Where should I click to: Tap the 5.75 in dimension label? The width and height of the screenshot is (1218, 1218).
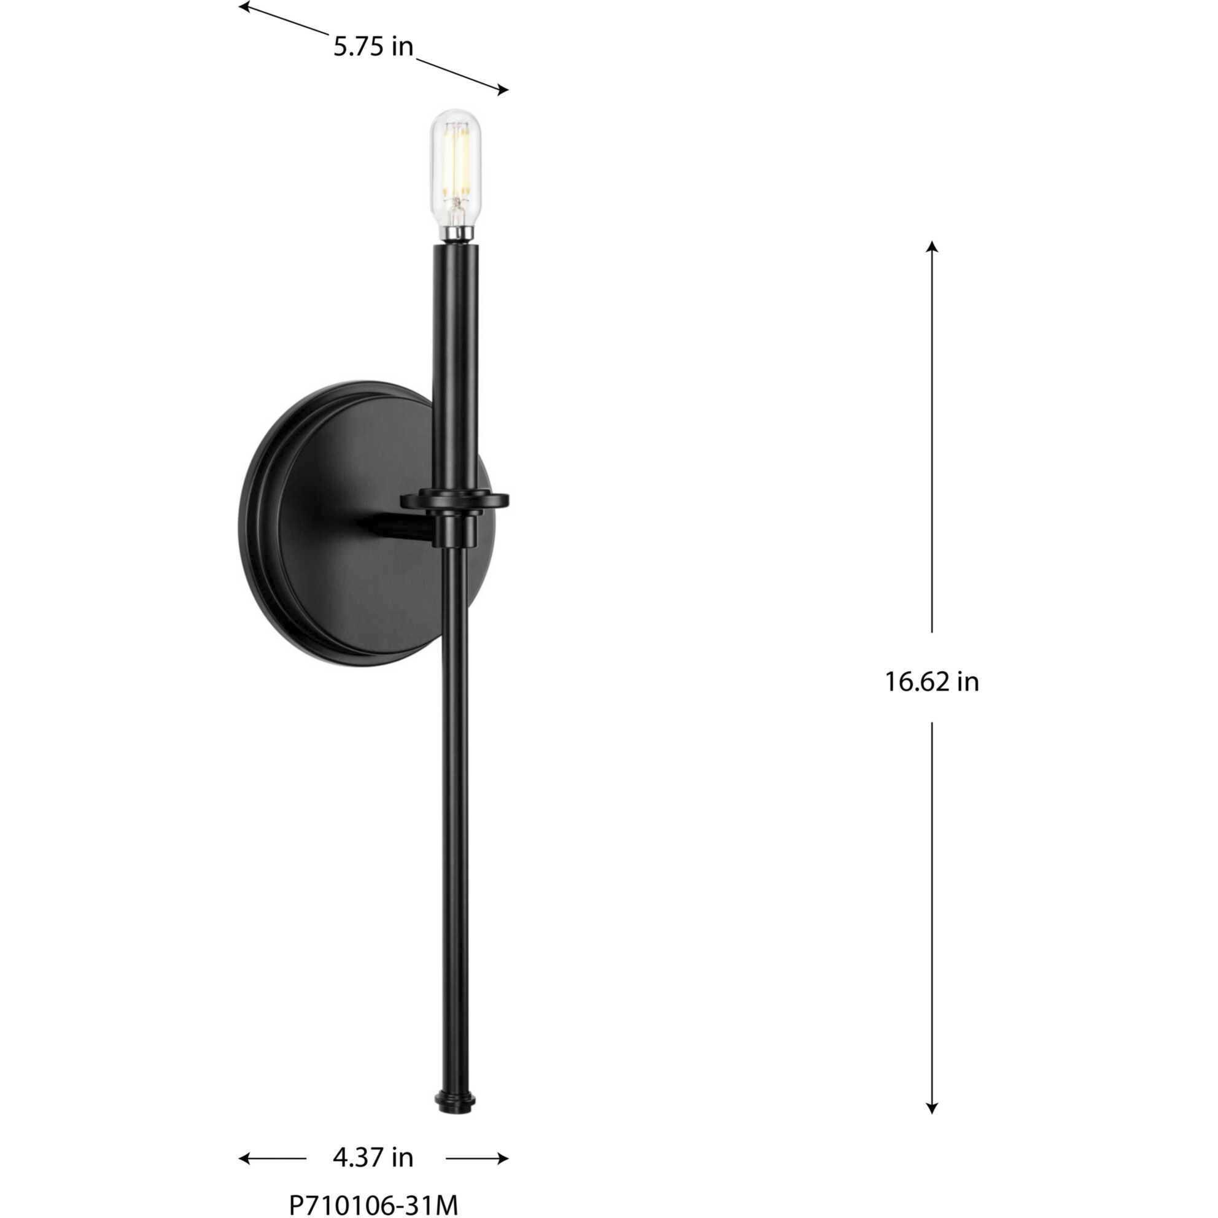(373, 47)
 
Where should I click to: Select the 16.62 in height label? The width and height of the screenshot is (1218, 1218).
(932, 682)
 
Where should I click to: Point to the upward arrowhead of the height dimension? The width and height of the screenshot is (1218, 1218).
(932, 246)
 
